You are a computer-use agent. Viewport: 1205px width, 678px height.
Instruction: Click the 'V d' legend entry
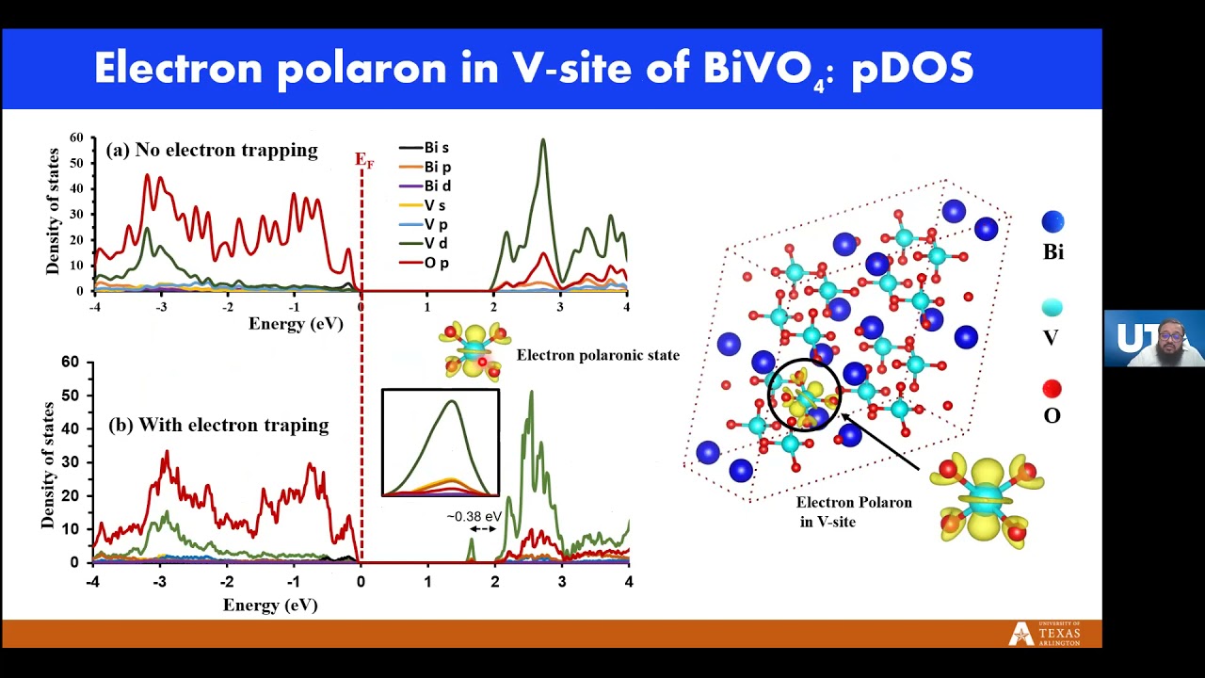pyautogui.click(x=424, y=244)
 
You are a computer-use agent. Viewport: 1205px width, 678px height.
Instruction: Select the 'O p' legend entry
pyautogui.click(x=424, y=263)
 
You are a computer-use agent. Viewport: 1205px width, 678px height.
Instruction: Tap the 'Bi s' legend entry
pyautogui.click(x=424, y=148)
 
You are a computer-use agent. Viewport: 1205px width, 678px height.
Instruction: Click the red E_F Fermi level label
pyautogui.click(x=364, y=160)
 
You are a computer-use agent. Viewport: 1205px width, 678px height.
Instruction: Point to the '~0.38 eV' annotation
pyautogui.click(x=474, y=517)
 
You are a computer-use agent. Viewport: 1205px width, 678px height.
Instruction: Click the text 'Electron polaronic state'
pyautogui.click(x=598, y=355)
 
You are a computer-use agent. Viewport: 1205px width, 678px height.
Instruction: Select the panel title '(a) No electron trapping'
pyautogui.click(x=212, y=150)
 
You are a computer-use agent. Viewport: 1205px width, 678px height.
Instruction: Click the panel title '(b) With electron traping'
pyautogui.click(x=218, y=425)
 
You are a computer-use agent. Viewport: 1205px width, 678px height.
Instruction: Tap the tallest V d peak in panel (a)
pyautogui.click(x=543, y=140)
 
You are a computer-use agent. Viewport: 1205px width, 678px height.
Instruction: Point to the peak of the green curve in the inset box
pyautogui.click(x=452, y=401)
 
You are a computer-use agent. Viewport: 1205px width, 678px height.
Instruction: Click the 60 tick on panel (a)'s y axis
pyautogui.click(x=77, y=137)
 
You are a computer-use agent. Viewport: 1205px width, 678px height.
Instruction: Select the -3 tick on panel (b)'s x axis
pyautogui.click(x=160, y=582)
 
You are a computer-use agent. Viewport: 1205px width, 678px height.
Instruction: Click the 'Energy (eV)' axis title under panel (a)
pyautogui.click(x=296, y=324)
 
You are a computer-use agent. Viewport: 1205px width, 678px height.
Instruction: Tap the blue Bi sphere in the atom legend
pyautogui.click(x=1052, y=221)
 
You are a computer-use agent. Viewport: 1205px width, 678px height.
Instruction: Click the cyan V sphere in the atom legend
pyautogui.click(x=1052, y=308)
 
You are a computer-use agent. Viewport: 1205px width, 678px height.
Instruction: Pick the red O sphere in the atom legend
pyautogui.click(x=1052, y=389)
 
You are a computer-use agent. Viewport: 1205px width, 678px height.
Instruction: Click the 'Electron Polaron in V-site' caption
pyautogui.click(x=854, y=511)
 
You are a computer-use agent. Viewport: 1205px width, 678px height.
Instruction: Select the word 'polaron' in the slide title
pyautogui.click(x=362, y=70)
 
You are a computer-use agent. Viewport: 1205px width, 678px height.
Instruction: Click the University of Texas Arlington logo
pyautogui.click(x=1044, y=634)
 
